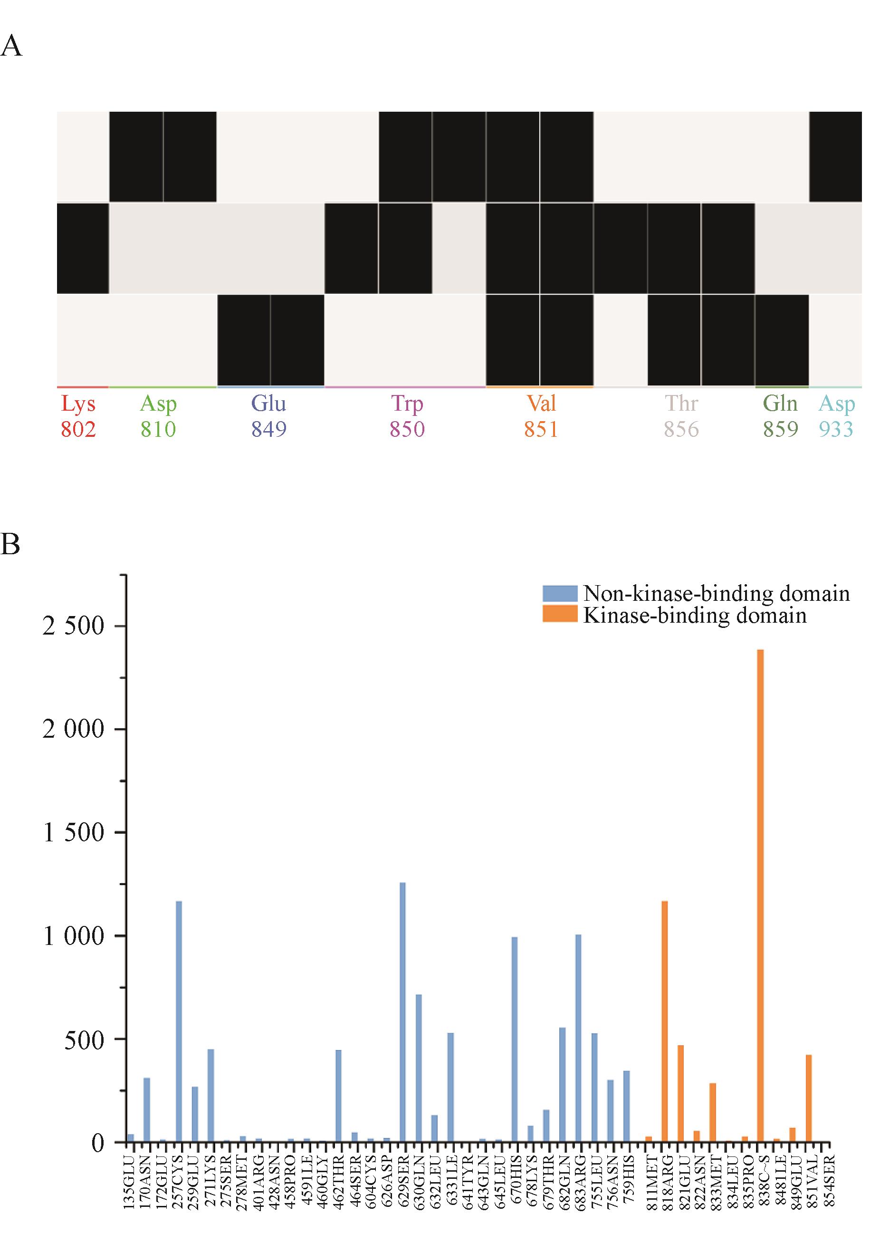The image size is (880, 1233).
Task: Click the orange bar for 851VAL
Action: coord(808,1098)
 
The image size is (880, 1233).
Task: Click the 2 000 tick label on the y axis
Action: coord(73,730)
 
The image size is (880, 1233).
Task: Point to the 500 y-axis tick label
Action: coord(84,1040)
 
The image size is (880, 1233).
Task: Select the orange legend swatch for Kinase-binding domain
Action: coord(560,615)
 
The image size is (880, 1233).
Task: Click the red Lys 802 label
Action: coord(78,416)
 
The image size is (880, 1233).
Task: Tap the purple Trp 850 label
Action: coord(407,416)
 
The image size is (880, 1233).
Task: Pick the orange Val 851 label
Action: coord(541,416)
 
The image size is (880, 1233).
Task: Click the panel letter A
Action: coord(12,47)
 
